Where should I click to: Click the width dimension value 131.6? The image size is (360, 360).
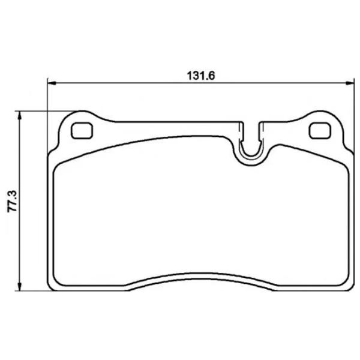coord(201,76)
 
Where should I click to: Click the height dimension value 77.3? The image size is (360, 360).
coord(13,202)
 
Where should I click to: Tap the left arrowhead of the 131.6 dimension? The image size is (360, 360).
coord(52,83)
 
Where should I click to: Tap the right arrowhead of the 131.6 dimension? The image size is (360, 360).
coord(350,83)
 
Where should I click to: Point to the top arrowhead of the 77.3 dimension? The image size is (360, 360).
coord(20,115)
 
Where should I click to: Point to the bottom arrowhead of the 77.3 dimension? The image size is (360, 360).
coord(20,287)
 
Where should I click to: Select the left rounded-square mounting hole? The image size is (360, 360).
coord(82,131)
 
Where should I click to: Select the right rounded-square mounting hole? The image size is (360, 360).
coord(320,131)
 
